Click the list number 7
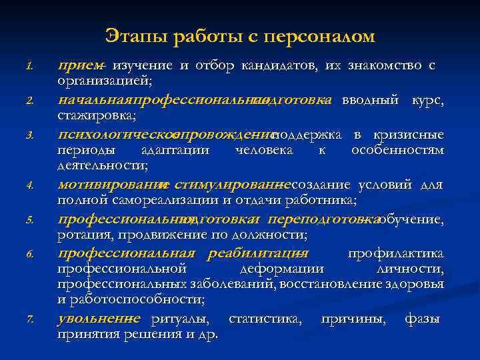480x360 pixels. (x=30, y=320)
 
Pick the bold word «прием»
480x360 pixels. (x=79, y=65)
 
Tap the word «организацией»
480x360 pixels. (x=105, y=81)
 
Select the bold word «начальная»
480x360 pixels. (x=95, y=101)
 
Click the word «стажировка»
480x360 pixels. (x=97, y=116)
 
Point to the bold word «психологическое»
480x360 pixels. (x=113, y=135)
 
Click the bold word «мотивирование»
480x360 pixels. (x=109, y=185)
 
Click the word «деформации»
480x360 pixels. (x=281, y=269)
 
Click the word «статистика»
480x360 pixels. (x=263, y=319)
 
